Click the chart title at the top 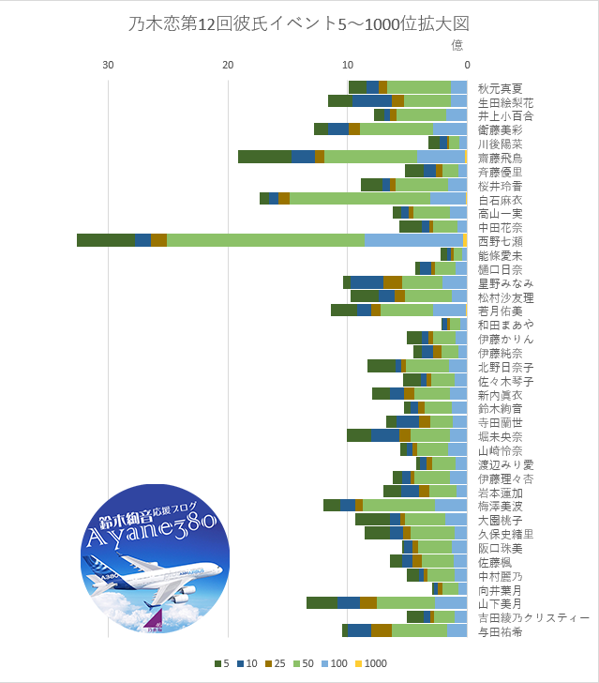click(298, 24)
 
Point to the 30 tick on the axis click(109, 64)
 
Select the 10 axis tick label click(347, 64)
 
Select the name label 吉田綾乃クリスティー click(533, 617)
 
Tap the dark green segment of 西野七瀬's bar click(105, 241)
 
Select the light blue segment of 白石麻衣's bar click(448, 199)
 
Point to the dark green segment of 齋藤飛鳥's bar click(264, 157)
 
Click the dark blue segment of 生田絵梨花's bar click(371, 100)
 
